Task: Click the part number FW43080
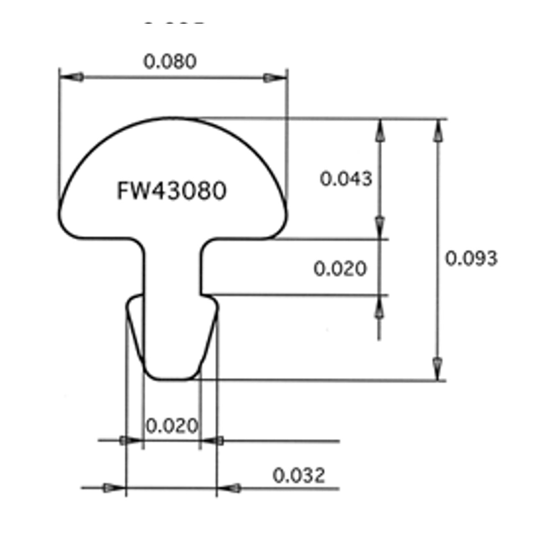tap(171, 191)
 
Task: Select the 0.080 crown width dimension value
tap(170, 62)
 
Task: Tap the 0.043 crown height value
tap(346, 179)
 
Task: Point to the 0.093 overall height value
tap(471, 259)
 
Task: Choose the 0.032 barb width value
tap(299, 476)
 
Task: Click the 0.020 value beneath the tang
tap(172, 426)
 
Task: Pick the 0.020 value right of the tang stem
tap(340, 269)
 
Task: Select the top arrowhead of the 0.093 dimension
tap(438, 131)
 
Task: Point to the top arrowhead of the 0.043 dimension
tap(379, 131)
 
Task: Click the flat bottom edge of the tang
tap(171, 379)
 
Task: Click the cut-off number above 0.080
tap(174, 24)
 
